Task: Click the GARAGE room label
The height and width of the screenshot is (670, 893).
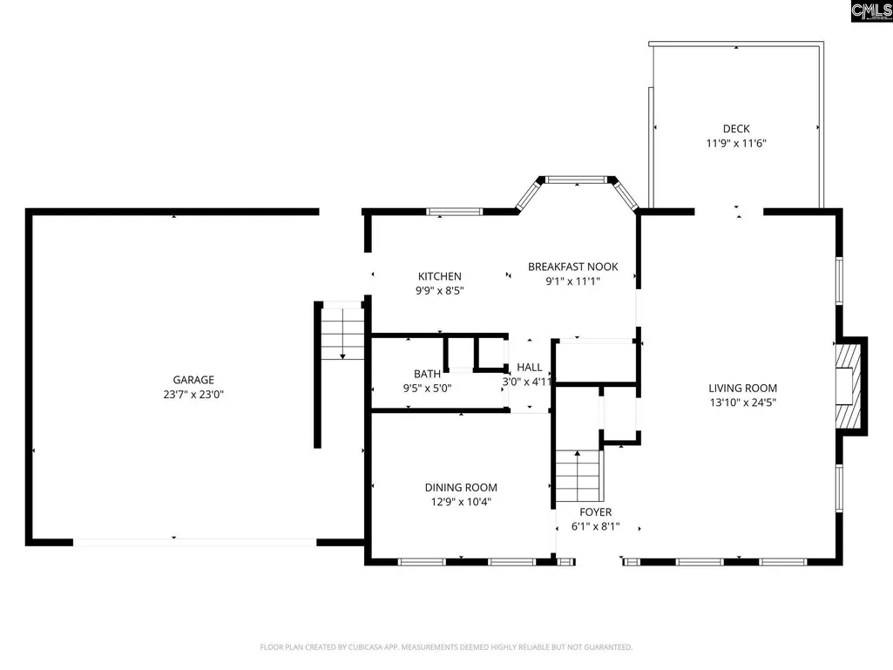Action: click(193, 380)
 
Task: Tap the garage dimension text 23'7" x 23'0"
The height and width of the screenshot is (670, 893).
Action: click(193, 395)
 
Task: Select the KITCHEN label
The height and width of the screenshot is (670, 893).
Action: click(440, 276)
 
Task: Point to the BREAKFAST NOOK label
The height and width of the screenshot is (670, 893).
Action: click(573, 267)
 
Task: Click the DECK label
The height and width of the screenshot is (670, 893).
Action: click(736, 129)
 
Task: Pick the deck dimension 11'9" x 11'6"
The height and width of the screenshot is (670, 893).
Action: click(736, 143)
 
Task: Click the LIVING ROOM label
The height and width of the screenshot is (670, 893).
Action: click(742, 388)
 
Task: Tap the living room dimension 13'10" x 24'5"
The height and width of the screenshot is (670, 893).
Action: click(742, 403)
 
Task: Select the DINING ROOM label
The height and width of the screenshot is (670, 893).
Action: click(461, 488)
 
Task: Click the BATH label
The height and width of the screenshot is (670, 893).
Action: click(427, 374)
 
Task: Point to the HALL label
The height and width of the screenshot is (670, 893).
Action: click(530, 368)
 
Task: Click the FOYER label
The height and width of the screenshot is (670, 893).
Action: click(596, 512)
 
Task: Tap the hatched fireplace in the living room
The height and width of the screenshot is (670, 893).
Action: click(848, 386)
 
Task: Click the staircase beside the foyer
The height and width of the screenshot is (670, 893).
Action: click(578, 476)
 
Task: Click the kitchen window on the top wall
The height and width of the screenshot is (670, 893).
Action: click(455, 212)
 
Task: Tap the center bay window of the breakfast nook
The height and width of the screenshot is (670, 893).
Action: click(577, 179)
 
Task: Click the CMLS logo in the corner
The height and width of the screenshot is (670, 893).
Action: click(871, 10)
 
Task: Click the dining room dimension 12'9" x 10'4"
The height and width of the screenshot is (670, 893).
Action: click(461, 502)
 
